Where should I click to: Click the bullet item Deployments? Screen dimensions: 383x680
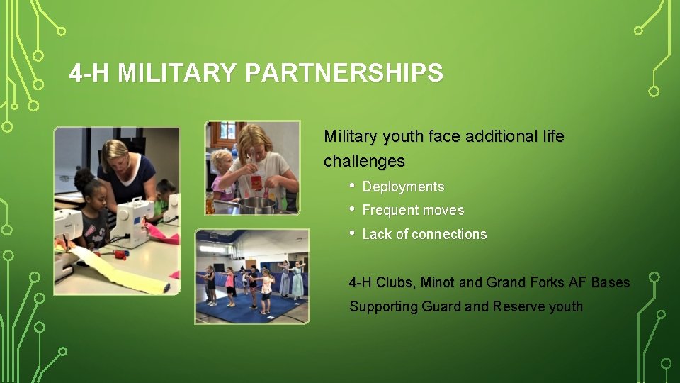pos(403,187)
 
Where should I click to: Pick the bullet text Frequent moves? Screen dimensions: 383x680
pos(413,211)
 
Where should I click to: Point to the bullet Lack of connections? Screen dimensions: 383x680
pos(424,234)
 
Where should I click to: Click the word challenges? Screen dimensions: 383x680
pos(364,162)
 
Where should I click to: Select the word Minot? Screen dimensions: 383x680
pos(438,282)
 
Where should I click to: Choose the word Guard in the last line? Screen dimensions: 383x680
pos(441,306)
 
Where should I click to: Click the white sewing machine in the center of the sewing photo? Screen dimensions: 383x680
pos(131,219)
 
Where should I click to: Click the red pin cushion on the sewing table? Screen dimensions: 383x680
pos(120,253)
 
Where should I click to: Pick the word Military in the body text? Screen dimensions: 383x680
pos(351,136)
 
